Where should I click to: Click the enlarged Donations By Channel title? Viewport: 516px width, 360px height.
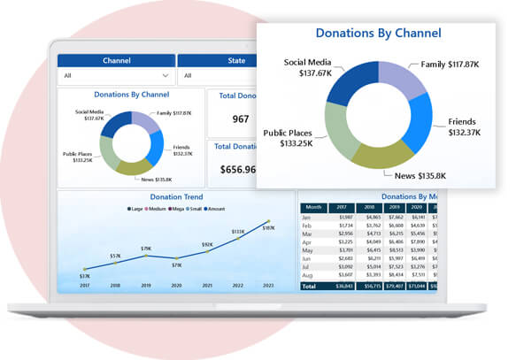378,34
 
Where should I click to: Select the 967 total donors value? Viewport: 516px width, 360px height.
241,119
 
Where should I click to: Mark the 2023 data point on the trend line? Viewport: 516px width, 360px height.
269,222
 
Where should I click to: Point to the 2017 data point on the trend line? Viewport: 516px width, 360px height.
84,269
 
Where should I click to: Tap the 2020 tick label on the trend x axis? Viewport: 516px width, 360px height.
176,286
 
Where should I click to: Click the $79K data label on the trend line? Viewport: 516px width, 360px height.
146,249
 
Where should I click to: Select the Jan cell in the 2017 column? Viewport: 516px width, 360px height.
345,217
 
